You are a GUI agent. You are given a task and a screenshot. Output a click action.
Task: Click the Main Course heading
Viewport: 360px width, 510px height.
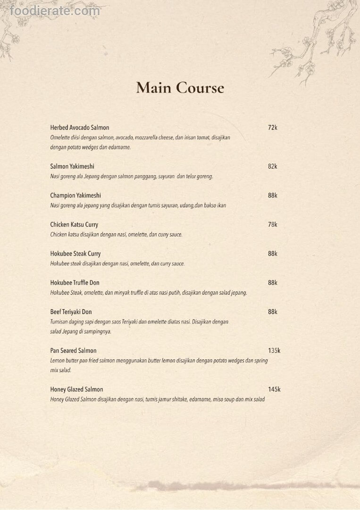180,88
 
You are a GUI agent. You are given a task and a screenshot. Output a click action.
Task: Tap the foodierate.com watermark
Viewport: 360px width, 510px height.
55,11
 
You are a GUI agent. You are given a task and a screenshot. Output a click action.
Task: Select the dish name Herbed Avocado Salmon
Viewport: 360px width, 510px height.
79,127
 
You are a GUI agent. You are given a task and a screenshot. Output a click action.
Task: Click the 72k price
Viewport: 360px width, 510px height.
272,127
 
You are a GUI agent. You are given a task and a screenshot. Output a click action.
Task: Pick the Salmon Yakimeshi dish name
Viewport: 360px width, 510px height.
72,166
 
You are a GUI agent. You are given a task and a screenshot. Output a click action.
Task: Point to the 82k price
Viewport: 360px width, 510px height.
272,166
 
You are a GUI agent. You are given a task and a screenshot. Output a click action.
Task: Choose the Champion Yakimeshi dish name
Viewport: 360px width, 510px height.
75,195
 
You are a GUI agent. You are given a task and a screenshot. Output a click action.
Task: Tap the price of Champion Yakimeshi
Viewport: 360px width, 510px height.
272,195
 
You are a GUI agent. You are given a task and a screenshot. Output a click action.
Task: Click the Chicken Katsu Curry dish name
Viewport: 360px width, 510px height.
74,225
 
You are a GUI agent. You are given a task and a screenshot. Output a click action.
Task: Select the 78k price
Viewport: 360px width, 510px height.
272,225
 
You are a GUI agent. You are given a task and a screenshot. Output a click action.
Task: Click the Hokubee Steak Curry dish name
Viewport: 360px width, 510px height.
75,254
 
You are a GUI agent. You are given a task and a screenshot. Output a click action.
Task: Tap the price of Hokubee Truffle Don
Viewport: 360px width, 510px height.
272,283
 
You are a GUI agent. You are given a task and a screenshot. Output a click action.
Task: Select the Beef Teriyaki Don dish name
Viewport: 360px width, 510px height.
71,312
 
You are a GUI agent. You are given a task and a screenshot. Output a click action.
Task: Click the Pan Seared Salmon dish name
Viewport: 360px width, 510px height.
73,351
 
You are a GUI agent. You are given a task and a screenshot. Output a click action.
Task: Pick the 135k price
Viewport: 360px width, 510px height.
274,351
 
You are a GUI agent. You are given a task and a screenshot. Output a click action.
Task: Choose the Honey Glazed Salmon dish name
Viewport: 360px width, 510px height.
76,390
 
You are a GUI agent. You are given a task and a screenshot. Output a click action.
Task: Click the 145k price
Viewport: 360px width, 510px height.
274,390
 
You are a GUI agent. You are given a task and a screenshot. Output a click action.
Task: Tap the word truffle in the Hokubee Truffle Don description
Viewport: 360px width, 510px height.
142,293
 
